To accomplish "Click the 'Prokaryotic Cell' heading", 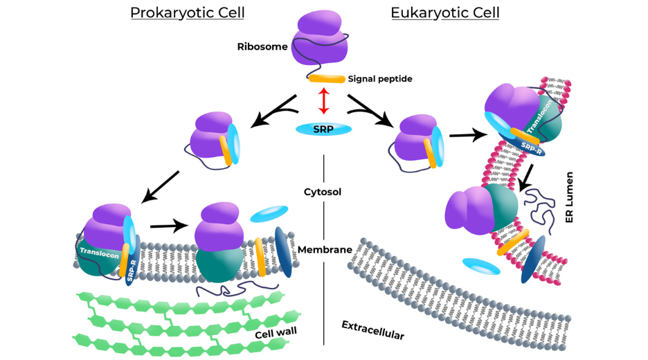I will (187, 12).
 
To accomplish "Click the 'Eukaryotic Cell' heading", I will (445, 12).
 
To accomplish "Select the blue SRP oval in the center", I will (323, 129).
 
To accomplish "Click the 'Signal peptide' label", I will (380, 79).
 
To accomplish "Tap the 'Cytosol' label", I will (324, 191).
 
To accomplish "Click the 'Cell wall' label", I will (276, 334).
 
